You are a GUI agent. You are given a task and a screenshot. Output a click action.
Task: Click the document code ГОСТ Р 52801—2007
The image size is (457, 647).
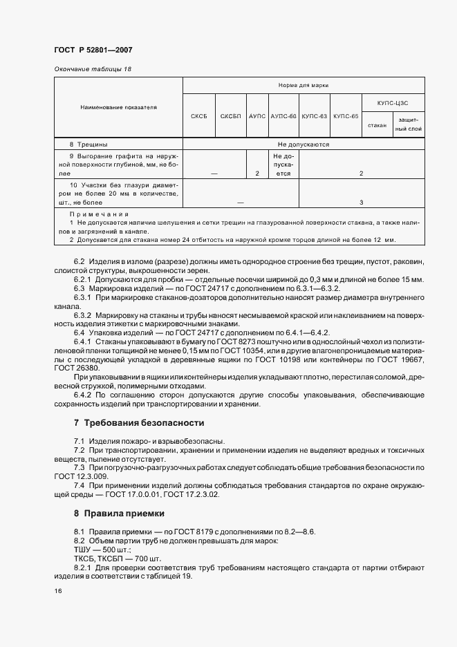[x=93, y=50]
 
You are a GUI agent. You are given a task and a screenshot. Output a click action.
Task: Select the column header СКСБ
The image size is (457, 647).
[x=199, y=117]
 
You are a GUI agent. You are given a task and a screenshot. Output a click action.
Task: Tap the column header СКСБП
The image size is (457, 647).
[x=230, y=117]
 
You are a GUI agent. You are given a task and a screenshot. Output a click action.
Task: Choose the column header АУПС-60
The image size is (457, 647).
[x=283, y=117]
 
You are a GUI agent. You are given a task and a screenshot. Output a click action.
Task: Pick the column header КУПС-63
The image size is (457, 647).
[x=315, y=117]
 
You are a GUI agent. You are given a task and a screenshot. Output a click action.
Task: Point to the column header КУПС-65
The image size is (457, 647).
[x=346, y=117]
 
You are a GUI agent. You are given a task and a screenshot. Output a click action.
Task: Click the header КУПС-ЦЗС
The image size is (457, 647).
[x=391, y=102]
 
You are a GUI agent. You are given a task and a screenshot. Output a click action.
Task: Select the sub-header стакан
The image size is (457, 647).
[x=377, y=125]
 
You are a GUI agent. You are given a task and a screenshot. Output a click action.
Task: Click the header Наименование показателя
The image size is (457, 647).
[x=118, y=108]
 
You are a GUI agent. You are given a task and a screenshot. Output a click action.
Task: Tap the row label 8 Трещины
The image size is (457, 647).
[x=88, y=144]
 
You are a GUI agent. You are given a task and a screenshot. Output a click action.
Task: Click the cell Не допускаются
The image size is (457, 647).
[x=303, y=144]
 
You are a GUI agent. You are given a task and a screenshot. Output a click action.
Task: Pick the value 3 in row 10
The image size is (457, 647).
[x=362, y=202]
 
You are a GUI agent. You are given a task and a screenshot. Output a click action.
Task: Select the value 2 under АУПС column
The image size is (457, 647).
[x=257, y=174]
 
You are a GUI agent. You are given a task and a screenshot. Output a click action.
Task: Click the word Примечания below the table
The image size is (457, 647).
[x=94, y=216]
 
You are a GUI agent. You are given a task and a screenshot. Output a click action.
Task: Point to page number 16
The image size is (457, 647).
[x=57, y=592]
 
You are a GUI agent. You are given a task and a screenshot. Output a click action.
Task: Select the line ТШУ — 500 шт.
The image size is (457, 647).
[x=97, y=550]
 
